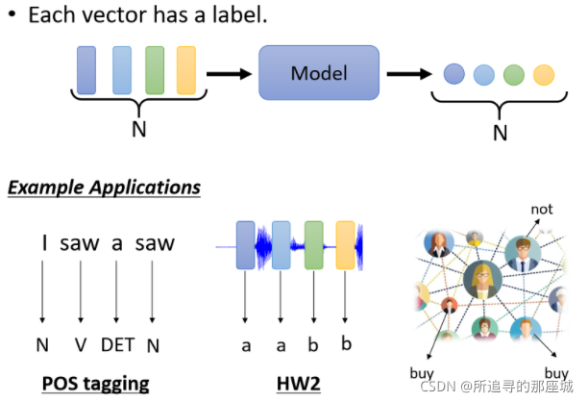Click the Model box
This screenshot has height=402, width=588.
point(319,73)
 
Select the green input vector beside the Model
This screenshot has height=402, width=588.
point(155,70)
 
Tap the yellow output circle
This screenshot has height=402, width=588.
point(544,75)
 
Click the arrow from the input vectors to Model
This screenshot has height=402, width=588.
point(229,74)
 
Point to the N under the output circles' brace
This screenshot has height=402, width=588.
point(501,134)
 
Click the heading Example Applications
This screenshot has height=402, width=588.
point(105,188)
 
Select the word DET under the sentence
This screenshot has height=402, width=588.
point(118,345)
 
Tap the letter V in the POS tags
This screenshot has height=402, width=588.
point(81,345)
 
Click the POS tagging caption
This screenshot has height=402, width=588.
point(96,384)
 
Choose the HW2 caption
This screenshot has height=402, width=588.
point(299,384)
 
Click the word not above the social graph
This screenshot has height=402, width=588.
point(542,210)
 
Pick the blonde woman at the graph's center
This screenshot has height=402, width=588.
point(482,280)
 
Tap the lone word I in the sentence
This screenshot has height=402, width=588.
point(44,243)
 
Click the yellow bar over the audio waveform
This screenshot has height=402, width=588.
point(345,245)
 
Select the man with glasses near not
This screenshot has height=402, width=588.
point(523,254)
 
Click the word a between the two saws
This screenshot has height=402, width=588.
point(117,244)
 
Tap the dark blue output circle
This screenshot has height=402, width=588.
point(454,74)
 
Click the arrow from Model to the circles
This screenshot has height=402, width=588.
point(409,74)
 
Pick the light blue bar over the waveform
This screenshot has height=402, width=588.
point(282,245)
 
